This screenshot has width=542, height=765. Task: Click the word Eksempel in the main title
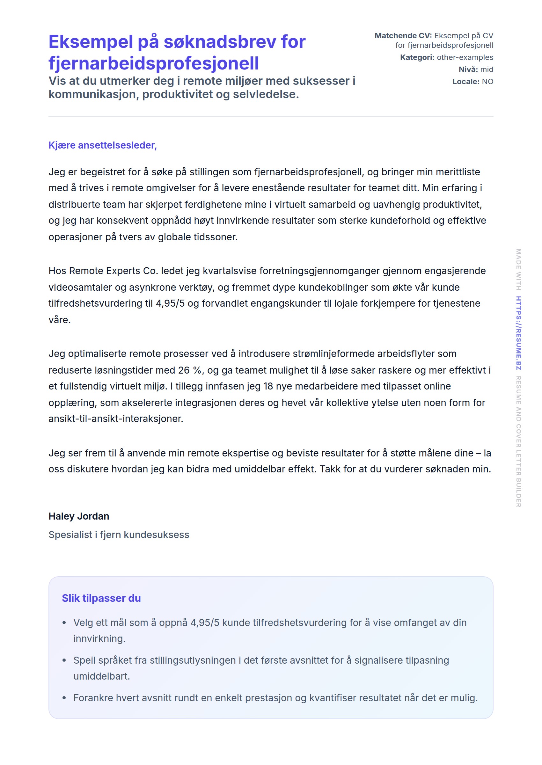[91, 42]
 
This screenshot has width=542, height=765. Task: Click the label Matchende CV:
[403, 36]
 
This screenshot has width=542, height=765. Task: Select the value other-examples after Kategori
[465, 57]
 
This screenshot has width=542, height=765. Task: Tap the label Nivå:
[468, 69]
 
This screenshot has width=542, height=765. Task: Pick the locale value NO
[487, 82]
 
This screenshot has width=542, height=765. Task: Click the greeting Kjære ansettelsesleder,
[102, 145]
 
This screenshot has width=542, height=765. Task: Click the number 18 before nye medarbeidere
[268, 386]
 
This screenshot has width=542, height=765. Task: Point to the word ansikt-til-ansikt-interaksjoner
[115, 419]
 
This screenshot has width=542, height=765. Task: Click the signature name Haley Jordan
[79, 516]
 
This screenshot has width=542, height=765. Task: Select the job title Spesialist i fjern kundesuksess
[119, 535]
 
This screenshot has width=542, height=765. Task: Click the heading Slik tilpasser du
[101, 598]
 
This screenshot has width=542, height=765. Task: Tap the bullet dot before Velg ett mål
[64, 623]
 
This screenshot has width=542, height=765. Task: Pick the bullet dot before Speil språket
[64, 660]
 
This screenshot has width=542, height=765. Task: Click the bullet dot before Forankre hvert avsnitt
[64, 698]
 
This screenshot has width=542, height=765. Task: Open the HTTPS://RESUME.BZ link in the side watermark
[518, 333]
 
